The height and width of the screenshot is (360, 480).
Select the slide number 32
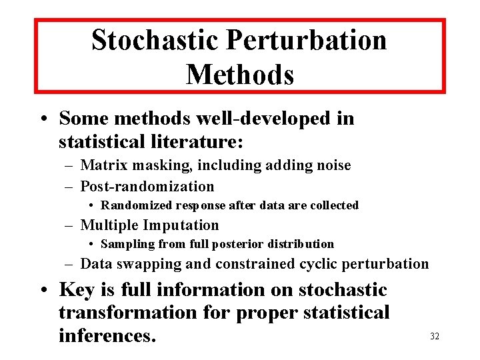(x=435, y=336)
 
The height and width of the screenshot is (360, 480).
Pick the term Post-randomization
(x=147, y=187)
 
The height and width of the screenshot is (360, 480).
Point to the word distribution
(x=298, y=244)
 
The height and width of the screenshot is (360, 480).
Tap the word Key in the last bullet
(x=77, y=290)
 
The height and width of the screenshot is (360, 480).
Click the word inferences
(x=107, y=335)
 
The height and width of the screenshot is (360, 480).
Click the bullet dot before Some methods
(x=42, y=119)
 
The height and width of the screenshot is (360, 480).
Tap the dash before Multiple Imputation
(x=69, y=225)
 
